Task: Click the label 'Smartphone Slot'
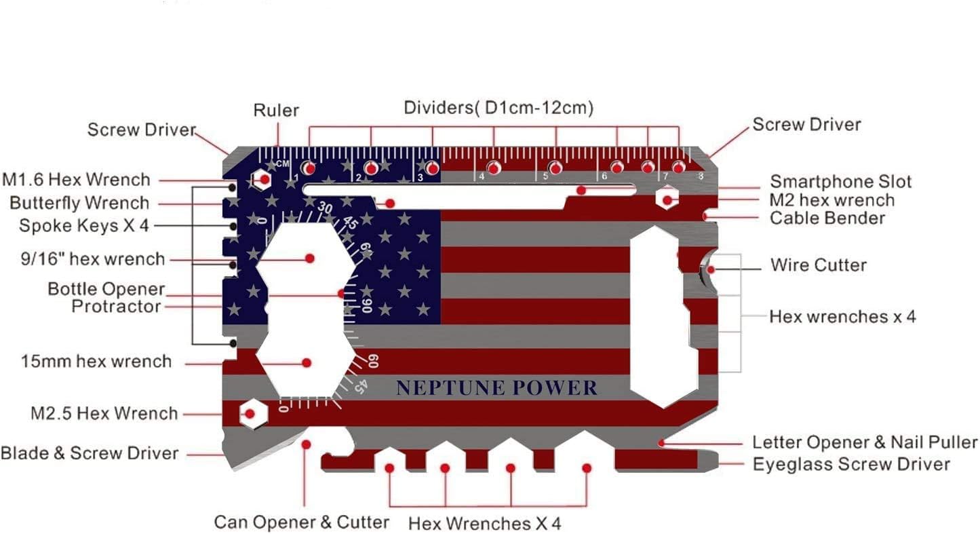pos(840,182)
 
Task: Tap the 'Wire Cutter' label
pos(818,265)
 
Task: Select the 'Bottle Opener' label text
pos(106,289)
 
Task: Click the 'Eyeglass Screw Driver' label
pos(851,465)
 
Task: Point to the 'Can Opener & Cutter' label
pos(302,522)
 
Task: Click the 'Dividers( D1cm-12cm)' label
pos(498,108)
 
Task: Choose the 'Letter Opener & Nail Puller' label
pos(865,443)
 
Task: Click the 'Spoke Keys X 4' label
pos(83,226)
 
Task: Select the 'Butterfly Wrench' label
pos(79,203)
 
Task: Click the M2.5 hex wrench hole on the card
pos(250,413)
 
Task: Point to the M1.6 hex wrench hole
pos(261,180)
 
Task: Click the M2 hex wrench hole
pos(667,199)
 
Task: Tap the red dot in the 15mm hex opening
pos(307,363)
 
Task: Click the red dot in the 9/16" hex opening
pos(310,259)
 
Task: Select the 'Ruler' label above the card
pos(276,111)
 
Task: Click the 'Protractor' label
pos(116,307)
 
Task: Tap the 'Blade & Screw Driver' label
pos(90,453)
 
